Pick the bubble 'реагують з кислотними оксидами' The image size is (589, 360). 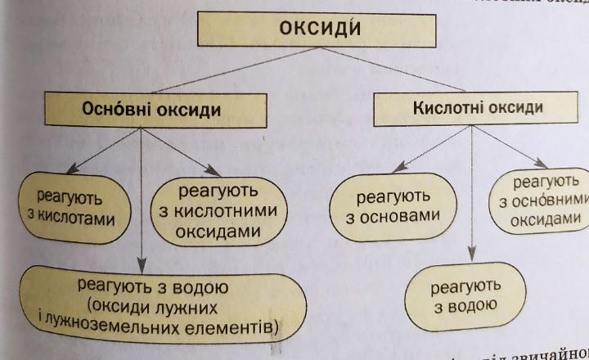pyautogui.click(x=216, y=210)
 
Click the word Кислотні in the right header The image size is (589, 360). pyautogui.click(x=439, y=107)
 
